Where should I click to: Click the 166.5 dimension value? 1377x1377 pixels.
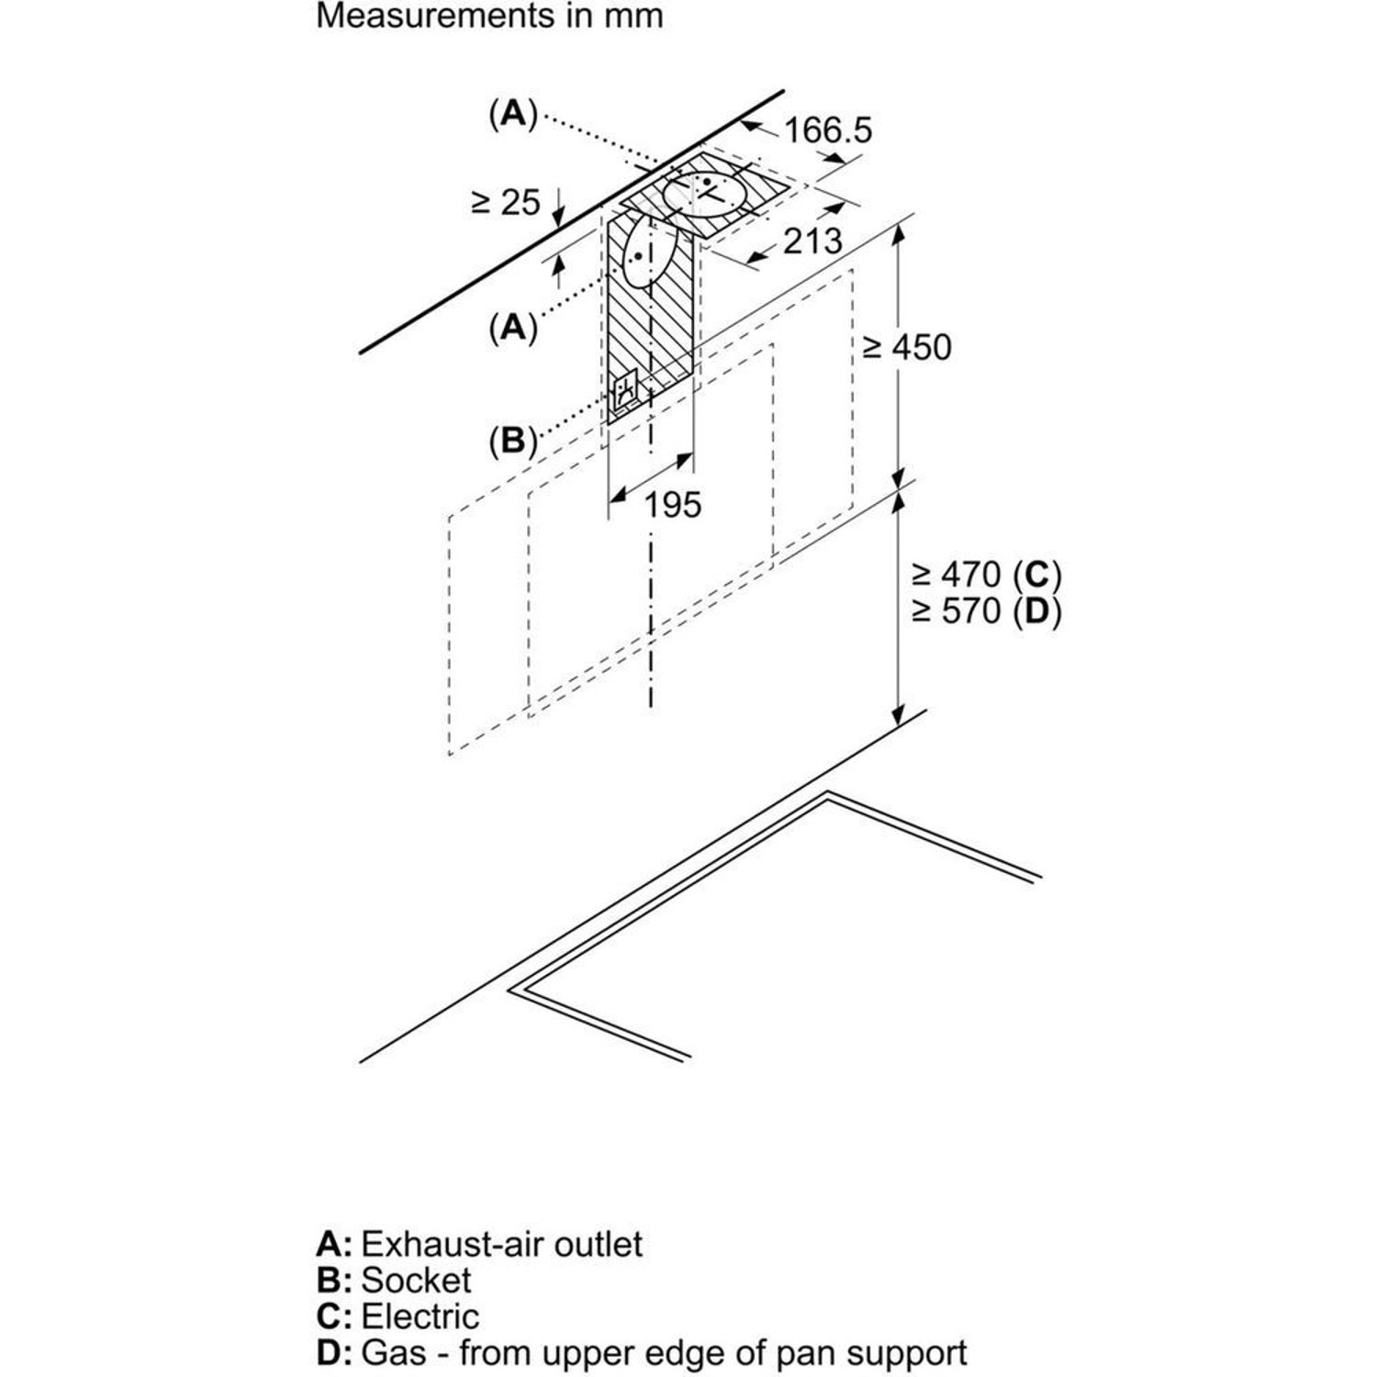click(827, 130)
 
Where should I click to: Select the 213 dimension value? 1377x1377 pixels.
click(812, 241)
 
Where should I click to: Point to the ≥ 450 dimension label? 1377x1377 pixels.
click(907, 347)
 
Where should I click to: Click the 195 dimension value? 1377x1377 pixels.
click(672, 504)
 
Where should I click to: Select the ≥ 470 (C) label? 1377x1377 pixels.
click(986, 575)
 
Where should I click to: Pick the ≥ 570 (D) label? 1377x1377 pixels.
click(986, 610)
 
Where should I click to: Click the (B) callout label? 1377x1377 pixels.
click(512, 442)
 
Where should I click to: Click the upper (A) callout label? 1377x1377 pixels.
click(512, 114)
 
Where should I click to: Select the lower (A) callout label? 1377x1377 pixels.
click(512, 327)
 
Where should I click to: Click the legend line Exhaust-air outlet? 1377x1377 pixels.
click(501, 1244)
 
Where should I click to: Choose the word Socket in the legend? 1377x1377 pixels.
click(416, 1280)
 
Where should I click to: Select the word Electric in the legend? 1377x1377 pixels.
click(420, 1316)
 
